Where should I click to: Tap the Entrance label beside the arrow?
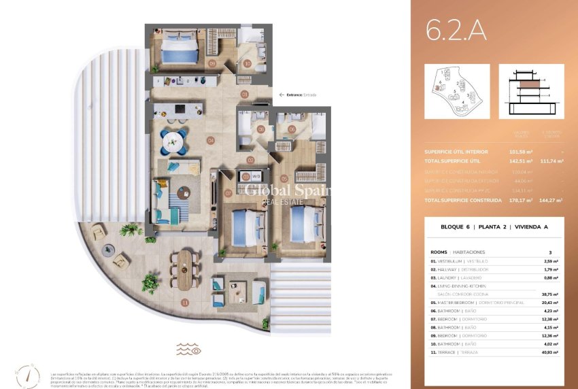pos(294,95)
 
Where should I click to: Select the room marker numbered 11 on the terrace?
pos(184,302)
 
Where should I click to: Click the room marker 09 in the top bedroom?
pos(212,64)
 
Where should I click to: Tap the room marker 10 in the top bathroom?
pos(247,64)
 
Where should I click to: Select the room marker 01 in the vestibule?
pos(245,95)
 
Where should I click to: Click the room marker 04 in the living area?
pos(211,141)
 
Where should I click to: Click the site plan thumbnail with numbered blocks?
pos(456,91)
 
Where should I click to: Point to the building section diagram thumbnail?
pos(531,91)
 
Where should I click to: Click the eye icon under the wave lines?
pos(196,351)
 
